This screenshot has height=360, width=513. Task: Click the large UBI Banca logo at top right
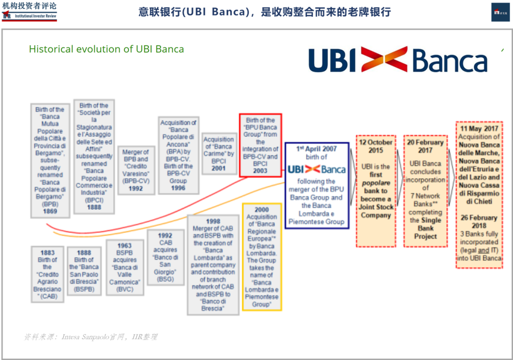(398, 60)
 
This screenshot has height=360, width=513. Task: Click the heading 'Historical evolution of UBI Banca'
(106, 49)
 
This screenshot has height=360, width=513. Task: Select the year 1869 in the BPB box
(50, 211)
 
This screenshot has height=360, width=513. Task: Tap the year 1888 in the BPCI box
(94, 207)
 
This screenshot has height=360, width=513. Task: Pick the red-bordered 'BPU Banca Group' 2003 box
(260, 145)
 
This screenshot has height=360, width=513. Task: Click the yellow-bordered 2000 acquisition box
(262, 256)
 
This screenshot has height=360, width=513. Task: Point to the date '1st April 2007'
(316, 149)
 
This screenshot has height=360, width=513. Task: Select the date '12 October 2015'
(376, 146)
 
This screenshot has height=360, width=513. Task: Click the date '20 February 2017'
(425, 146)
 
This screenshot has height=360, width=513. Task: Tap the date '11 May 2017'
(479, 129)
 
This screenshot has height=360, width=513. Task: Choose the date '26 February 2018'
(479, 222)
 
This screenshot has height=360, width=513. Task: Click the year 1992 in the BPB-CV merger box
(135, 189)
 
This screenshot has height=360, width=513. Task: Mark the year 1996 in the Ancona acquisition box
(179, 188)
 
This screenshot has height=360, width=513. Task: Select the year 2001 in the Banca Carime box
(218, 168)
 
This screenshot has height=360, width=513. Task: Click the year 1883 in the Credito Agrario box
(47, 253)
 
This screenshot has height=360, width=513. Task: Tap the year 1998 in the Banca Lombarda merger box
(213, 221)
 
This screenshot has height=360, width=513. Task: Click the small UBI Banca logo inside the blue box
(316, 169)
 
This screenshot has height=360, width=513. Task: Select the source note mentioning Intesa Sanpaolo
(90, 337)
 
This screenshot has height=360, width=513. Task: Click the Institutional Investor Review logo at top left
(29, 10)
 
